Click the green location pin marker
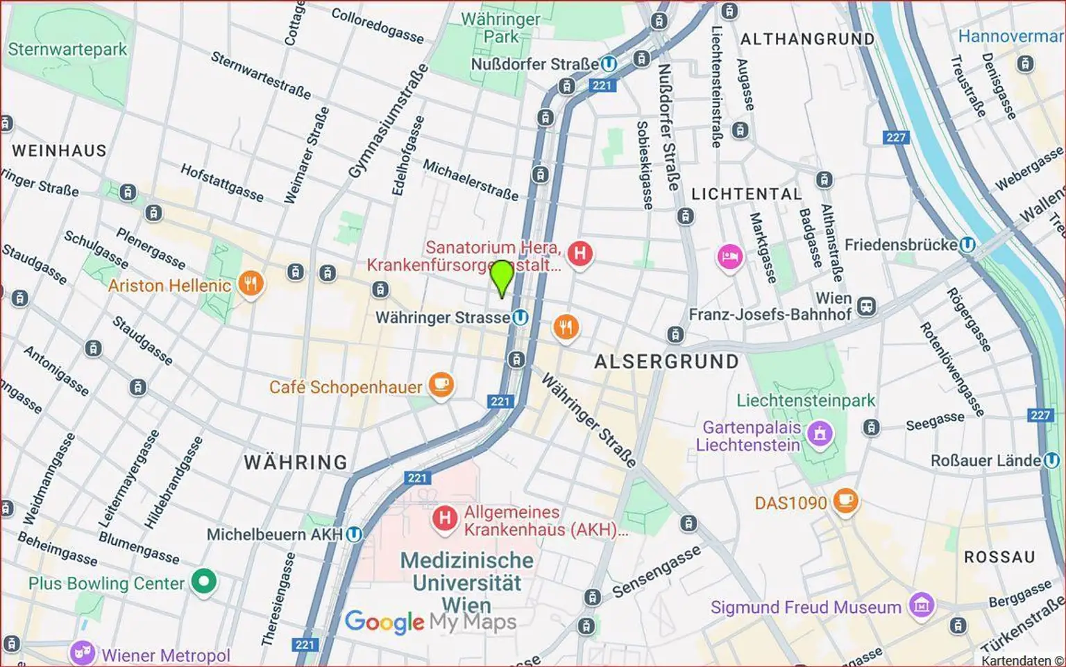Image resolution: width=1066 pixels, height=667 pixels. coord(501,277)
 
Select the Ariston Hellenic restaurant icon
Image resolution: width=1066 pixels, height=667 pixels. coord(251,284)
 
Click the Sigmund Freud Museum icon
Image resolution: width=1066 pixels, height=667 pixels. coord(921,605)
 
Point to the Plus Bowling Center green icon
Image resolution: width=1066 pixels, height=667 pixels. coord(204,582)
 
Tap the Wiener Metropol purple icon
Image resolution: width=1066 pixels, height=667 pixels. coord(82,653)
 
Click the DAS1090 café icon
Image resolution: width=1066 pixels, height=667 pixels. coord(845,501)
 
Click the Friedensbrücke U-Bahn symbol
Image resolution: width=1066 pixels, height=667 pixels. coord(967,245)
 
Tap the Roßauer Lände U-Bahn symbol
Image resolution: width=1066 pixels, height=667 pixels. coord(1051,460)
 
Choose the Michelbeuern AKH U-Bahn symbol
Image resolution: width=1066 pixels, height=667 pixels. coord(354,535)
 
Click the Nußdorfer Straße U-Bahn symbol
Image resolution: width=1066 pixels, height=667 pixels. coord(609,64)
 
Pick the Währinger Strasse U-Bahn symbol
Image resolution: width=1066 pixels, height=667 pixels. coord(520,318)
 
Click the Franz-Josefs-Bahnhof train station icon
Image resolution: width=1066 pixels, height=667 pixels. coord(866,306)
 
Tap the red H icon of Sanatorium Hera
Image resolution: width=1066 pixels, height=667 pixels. coord(579,254)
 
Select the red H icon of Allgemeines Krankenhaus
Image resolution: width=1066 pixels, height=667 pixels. coord(444,518)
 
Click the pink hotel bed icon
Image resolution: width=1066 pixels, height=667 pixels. coord(729,257)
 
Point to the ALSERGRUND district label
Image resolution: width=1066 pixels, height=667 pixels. coord(666,362)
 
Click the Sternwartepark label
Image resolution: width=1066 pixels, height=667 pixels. coord(67,49)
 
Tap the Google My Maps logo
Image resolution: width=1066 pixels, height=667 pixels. coord(430,622)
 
